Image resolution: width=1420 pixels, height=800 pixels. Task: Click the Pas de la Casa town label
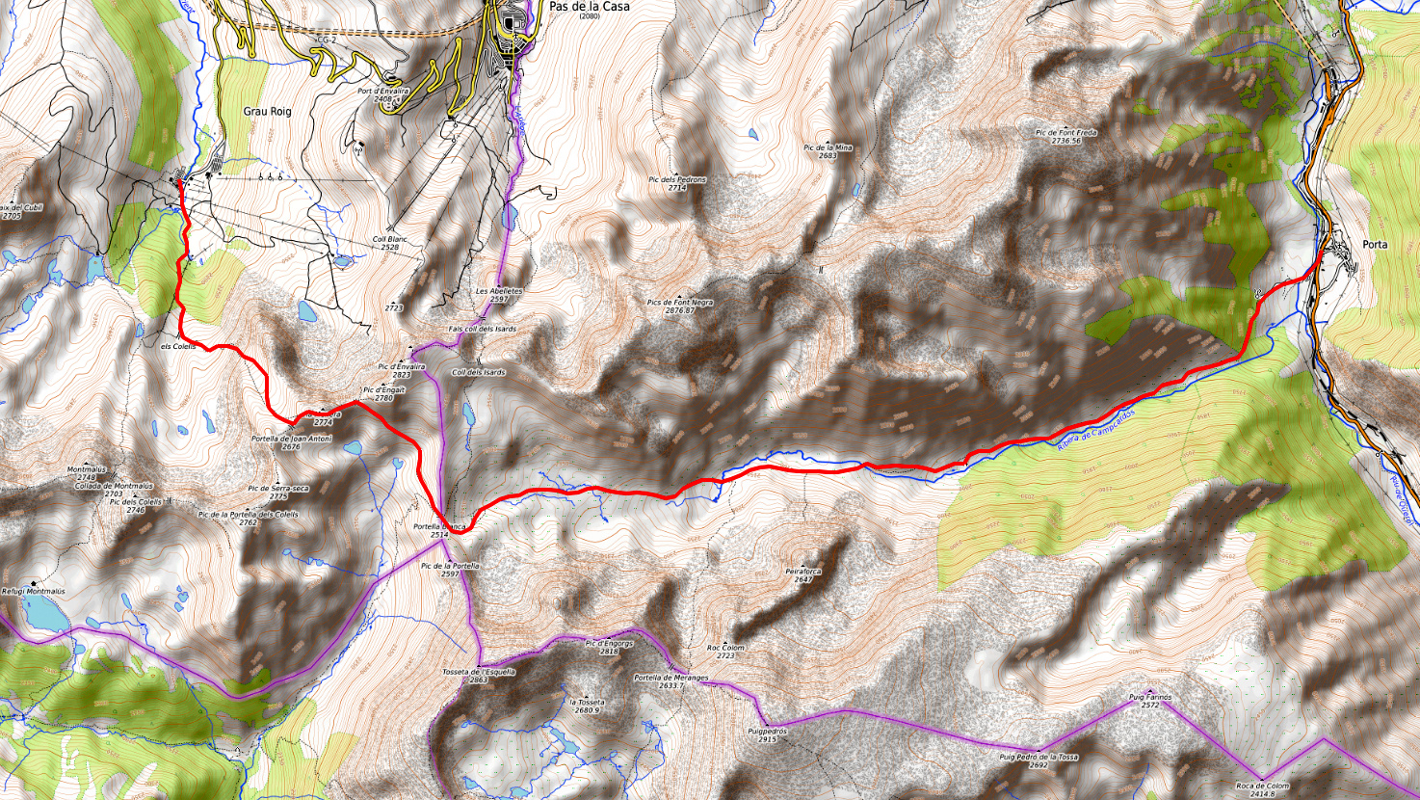click(x=589, y=7)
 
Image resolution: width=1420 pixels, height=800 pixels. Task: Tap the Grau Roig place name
click(x=267, y=112)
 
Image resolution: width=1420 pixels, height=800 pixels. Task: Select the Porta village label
click(x=1375, y=245)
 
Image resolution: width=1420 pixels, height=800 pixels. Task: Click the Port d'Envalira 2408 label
click(x=382, y=94)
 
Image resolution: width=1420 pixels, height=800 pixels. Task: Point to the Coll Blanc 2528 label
click(x=385, y=244)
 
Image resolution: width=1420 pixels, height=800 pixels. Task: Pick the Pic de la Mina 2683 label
click(x=828, y=151)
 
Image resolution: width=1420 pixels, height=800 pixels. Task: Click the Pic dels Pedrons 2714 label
click(x=677, y=183)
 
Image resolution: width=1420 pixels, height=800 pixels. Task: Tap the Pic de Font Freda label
click(x=1065, y=136)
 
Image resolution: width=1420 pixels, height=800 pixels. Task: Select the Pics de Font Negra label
click(x=680, y=307)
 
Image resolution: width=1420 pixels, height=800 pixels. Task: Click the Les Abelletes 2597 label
click(x=498, y=295)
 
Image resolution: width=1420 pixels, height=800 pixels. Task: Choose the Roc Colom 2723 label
click(x=725, y=652)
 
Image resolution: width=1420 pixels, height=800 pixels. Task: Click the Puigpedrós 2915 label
click(x=767, y=735)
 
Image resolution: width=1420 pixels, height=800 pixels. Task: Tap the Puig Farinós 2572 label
click(x=1149, y=700)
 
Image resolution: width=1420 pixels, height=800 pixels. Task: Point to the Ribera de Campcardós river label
click(x=1095, y=427)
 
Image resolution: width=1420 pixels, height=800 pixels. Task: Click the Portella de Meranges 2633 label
click(x=671, y=681)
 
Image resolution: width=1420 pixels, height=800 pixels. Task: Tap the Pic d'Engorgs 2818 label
click(x=609, y=647)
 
